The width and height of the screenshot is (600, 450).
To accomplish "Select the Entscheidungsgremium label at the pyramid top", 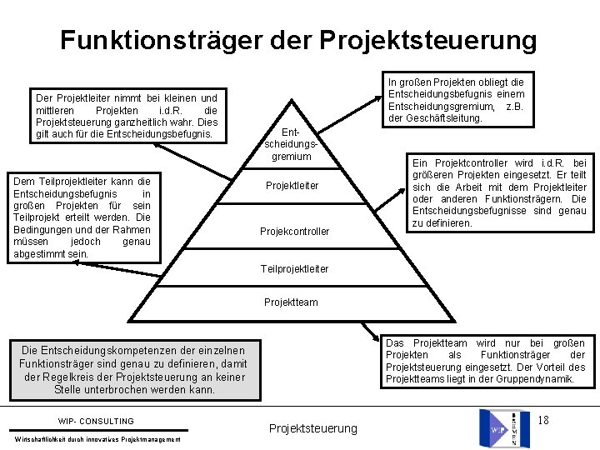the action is tap(286, 144).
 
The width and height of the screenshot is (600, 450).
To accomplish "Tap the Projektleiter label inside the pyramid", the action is tap(292, 186).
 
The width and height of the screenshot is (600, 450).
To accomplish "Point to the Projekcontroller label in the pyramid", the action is tap(294, 231).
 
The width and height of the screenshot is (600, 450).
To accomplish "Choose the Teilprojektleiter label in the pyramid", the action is tap(294, 269).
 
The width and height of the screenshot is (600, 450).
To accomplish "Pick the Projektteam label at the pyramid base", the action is tap(290, 302).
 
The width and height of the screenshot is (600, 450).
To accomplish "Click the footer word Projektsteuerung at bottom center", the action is tap(312, 428).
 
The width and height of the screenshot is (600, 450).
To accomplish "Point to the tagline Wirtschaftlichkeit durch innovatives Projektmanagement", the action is tap(98, 439).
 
